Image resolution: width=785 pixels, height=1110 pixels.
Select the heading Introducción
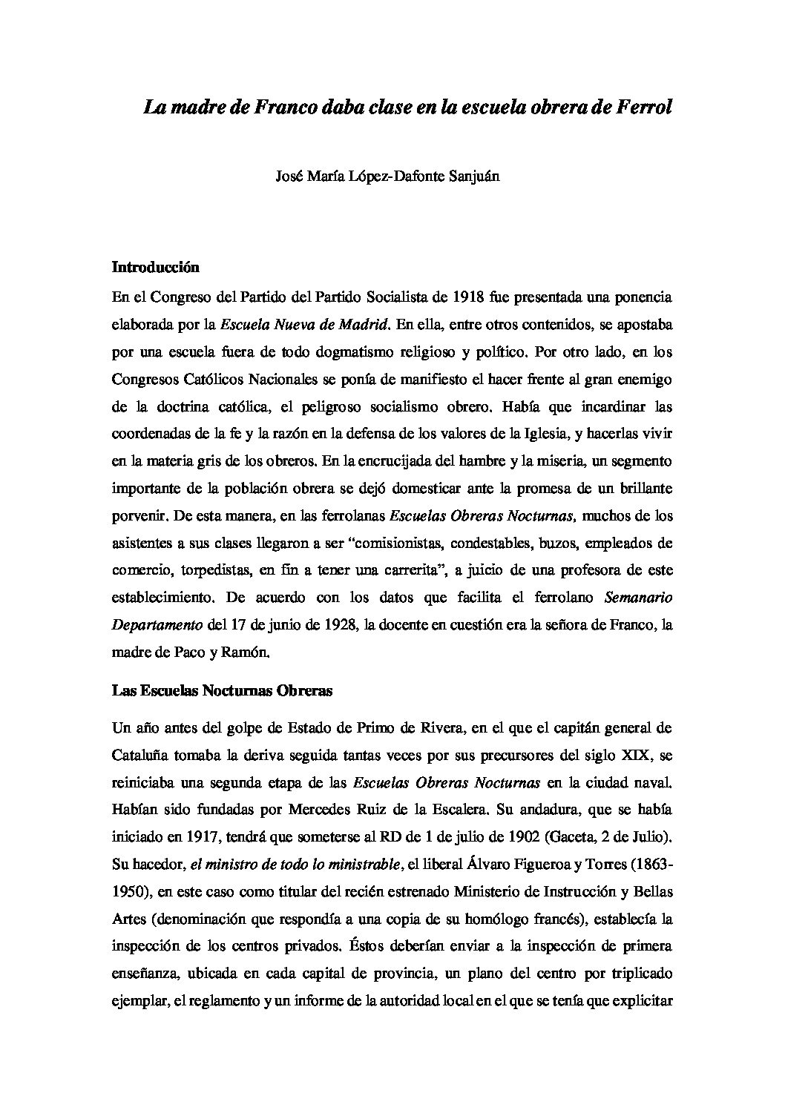tap(157, 266)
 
